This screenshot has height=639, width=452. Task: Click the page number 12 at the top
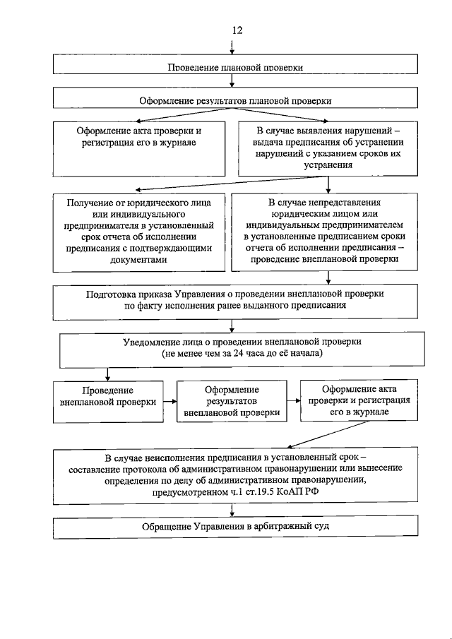click(x=237, y=30)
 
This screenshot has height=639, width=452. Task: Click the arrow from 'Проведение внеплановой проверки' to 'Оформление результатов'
click(x=169, y=402)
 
